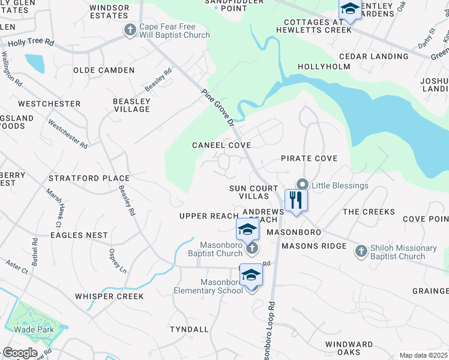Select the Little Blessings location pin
303,185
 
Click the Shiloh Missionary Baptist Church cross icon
361,250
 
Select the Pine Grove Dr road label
218,107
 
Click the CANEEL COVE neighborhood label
221,145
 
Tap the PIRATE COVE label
309,158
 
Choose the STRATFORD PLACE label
89,178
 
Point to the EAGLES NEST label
79,236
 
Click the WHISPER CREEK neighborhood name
109,296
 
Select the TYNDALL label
189,329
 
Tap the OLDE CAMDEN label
104,70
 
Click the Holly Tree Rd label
31,43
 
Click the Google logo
20,353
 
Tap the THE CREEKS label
369,212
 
